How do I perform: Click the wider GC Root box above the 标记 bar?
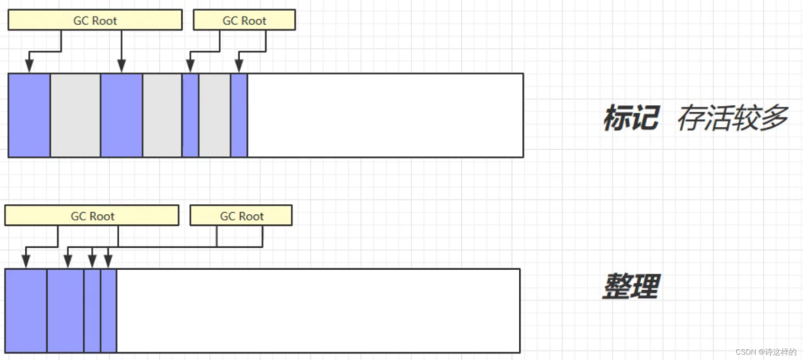point(95,21)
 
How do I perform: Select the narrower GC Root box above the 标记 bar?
point(245,21)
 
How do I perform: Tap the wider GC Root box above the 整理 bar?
point(92,216)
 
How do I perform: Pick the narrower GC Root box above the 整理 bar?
point(242,216)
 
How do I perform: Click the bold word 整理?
point(630,286)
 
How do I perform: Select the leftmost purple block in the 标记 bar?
point(29,115)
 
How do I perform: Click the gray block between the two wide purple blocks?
point(75,115)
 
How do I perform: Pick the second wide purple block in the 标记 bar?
point(122,115)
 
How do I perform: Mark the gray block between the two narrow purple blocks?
point(215,115)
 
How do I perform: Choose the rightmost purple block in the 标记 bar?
point(239,115)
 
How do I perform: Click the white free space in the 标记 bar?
point(385,115)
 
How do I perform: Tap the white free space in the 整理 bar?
point(318,311)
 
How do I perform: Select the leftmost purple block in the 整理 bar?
point(26,311)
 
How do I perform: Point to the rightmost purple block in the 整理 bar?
point(108,311)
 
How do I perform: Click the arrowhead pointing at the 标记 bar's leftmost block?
point(29,67)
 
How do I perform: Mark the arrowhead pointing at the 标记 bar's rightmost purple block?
point(238,67)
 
